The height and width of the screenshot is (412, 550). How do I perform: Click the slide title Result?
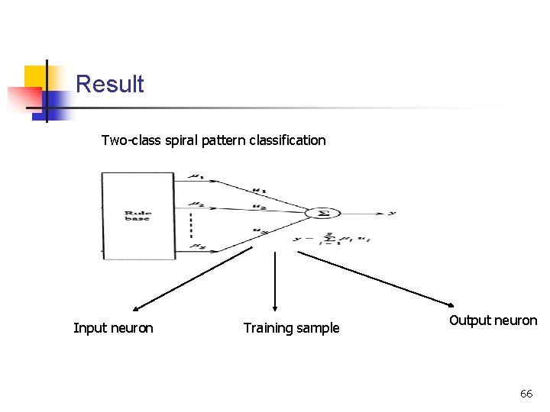coord(110,84)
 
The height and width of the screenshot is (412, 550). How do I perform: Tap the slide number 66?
coord(526,394)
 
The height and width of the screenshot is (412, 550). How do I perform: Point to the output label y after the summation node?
coord(392,213)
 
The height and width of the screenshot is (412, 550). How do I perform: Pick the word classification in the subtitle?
coord(288,140)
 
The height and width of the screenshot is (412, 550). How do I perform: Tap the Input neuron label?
coord(113,328)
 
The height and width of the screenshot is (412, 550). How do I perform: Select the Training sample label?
coord(291,328)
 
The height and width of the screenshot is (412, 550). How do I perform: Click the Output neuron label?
coord(493,320)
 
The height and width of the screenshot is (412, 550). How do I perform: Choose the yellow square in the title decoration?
coord(37,76)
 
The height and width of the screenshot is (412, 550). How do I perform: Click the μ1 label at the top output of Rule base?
coord(196,177)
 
